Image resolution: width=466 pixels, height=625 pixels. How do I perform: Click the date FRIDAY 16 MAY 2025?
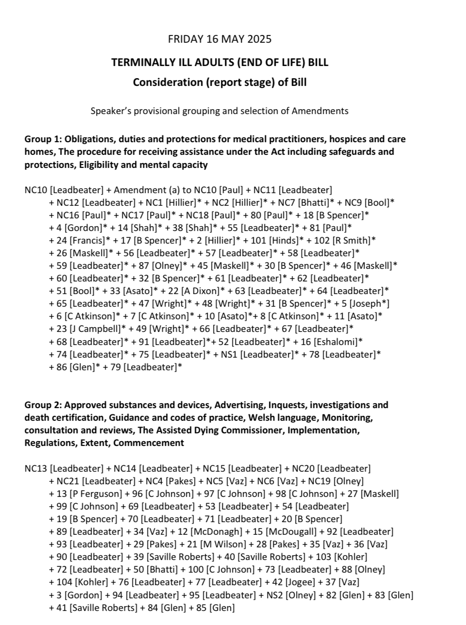(x=219, y=39)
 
